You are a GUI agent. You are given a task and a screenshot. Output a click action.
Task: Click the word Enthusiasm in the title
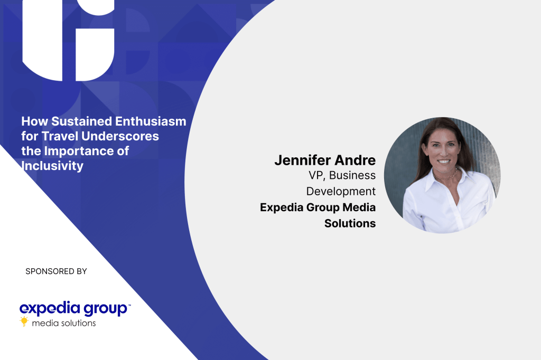point(151,121)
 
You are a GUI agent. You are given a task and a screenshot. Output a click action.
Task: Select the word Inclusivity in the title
point(52,166)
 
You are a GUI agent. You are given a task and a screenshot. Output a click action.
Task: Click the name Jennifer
point(303,160)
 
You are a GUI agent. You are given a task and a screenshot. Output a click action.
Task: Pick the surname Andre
point(355,160)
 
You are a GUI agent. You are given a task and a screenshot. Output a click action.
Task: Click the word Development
point(341,192)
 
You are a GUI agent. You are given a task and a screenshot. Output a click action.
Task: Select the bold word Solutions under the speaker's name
point(350,223)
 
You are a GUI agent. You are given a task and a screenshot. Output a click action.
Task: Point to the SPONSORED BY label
point(56,271)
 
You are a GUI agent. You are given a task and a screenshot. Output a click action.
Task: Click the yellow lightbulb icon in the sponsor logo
point(24,321)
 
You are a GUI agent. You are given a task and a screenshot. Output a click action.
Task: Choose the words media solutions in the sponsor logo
point(64,323)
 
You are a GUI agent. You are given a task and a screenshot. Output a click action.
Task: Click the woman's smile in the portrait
point(444,162)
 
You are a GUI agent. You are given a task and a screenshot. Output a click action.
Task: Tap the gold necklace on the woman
point(446,176)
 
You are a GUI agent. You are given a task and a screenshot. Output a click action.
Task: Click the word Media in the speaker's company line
point(359,207)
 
